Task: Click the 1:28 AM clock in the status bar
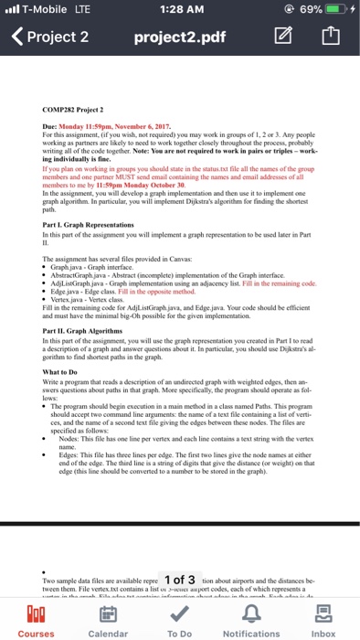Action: (179, 10)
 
